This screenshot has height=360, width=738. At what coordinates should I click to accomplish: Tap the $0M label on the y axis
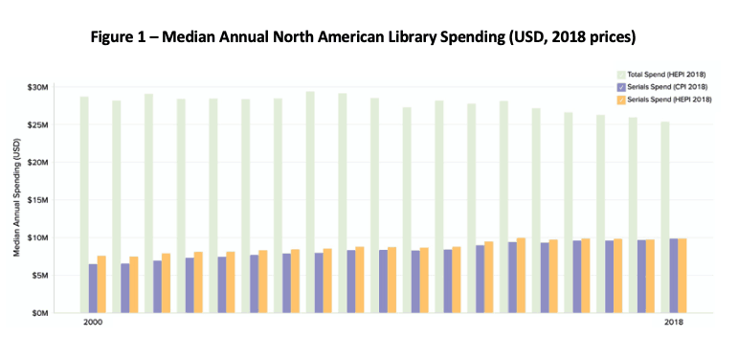[41, 313]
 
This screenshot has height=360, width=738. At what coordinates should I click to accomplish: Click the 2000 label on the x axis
[92, 323]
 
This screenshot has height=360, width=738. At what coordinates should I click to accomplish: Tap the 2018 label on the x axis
[674, 323]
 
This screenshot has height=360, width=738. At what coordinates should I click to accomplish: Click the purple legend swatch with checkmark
[621, 87]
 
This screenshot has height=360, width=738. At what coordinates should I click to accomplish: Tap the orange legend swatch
[621, 100]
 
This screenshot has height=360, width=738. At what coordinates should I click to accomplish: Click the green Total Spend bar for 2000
[84, 205]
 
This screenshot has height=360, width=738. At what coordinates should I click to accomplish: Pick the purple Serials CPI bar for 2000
[93, 288]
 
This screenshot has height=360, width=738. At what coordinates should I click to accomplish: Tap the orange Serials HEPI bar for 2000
[101, 284]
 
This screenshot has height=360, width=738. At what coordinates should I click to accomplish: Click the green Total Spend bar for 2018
[665, 217]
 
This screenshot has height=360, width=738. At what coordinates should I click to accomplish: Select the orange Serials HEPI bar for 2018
[682, 276]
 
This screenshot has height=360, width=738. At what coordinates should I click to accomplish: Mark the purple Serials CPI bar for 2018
[674, 276]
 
